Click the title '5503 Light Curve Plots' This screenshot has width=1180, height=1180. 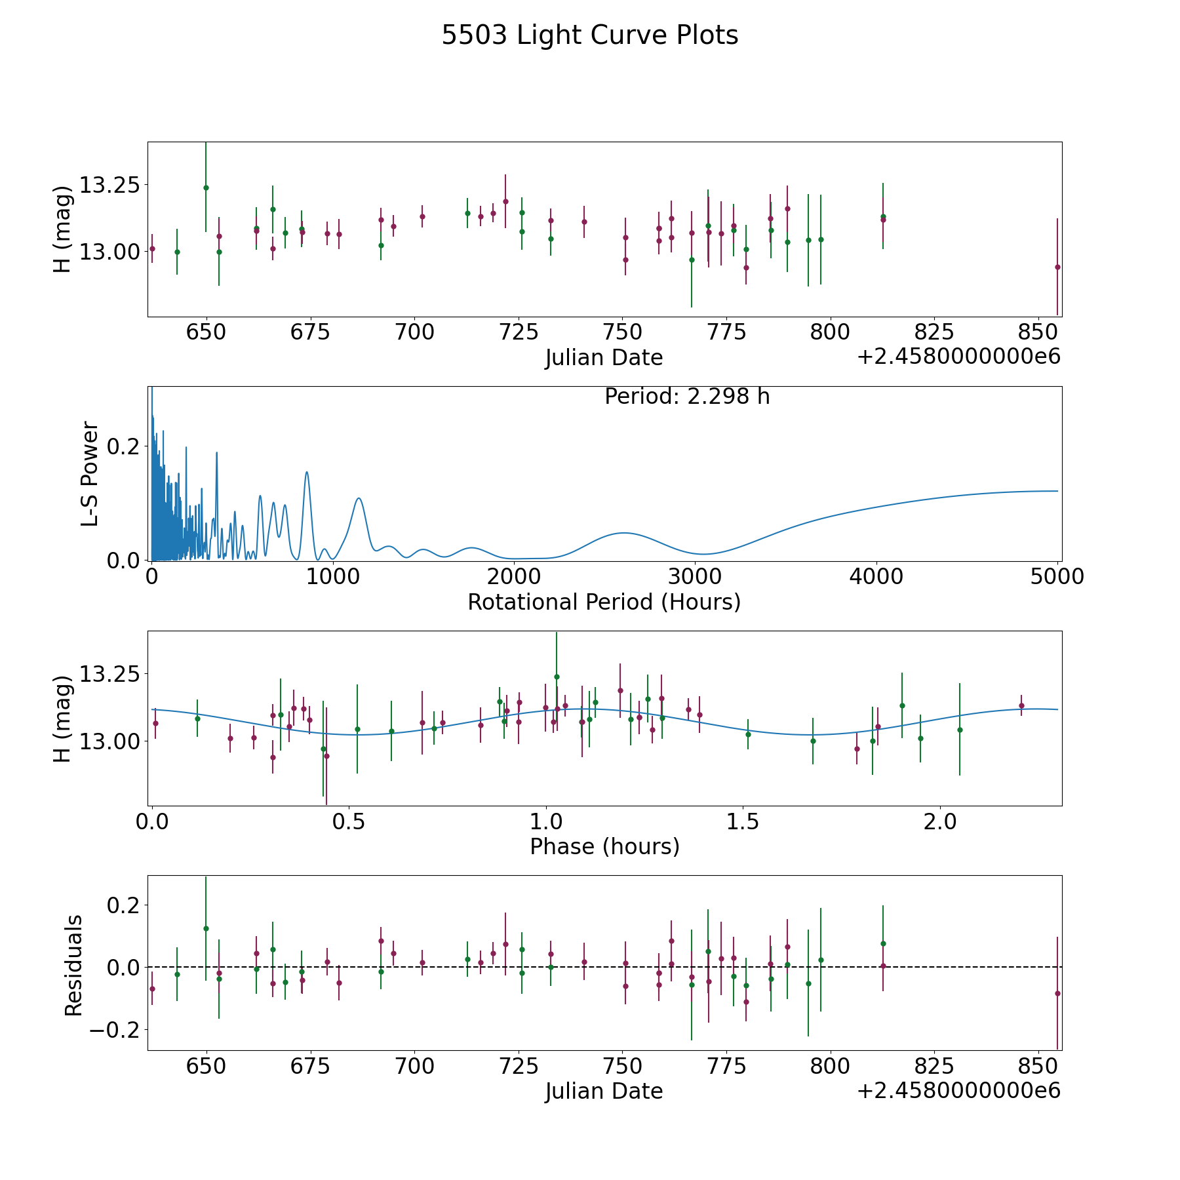(589, 35)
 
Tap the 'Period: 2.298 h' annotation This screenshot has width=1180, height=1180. (687, 397)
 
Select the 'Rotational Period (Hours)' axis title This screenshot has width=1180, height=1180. (604, 602)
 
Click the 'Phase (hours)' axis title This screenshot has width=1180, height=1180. (604, 846)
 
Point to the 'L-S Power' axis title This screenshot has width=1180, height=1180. (90, 473)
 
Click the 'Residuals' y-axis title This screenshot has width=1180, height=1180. (73, 966)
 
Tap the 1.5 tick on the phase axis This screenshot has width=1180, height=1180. (743, 821)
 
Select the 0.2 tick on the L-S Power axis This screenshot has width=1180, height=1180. (125, 446)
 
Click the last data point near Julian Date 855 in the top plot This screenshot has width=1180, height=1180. (1057, 267)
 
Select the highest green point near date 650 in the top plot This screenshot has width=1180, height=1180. (206, 187)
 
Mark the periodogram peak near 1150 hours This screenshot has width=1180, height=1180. (359, 498)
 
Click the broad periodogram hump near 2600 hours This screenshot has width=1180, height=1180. (624, 533)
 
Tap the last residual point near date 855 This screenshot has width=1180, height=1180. (1057, 993)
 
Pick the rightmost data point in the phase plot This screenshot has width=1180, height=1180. (1021, 705)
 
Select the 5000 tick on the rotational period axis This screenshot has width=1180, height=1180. (1057, 577)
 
